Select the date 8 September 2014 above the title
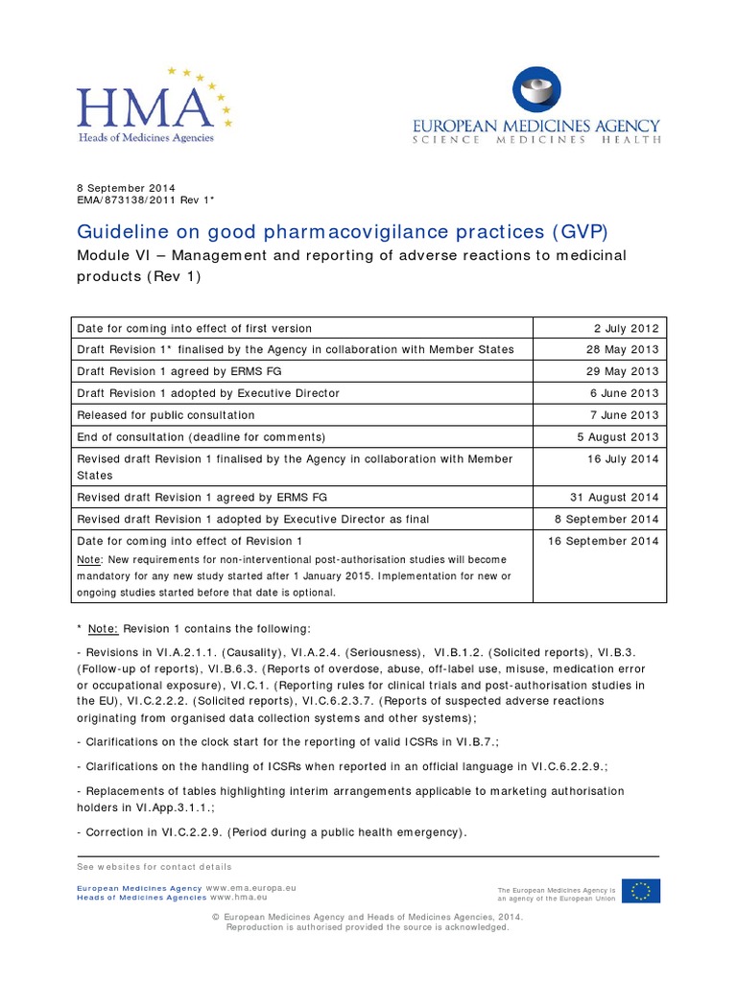click(126, 188)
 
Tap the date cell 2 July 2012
click(624, 328)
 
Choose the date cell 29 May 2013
click(622, 371)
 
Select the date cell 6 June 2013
click(624, 393)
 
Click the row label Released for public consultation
click(166, 415)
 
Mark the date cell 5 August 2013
click(619, 437)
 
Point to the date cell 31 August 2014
click(617, 498)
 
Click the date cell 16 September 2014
click(604, 541)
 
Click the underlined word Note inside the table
click(87, 559)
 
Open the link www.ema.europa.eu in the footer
click(250, 889)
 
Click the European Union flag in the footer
click(640, 891)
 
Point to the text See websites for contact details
click(155, 867)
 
